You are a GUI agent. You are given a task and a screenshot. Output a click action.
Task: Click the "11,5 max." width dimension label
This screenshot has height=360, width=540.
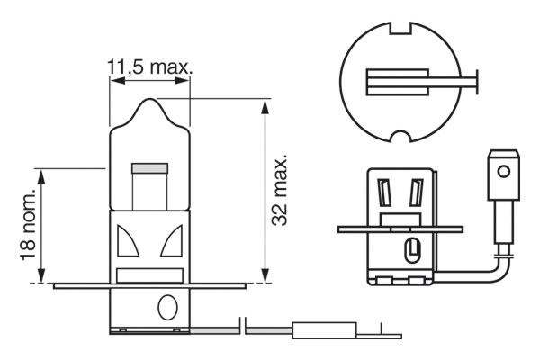[150, 67]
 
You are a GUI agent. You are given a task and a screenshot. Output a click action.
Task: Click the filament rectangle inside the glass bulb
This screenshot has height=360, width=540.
[150, 168]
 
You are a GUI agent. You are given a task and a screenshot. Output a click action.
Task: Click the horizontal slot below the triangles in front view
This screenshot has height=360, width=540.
[150, 273]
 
